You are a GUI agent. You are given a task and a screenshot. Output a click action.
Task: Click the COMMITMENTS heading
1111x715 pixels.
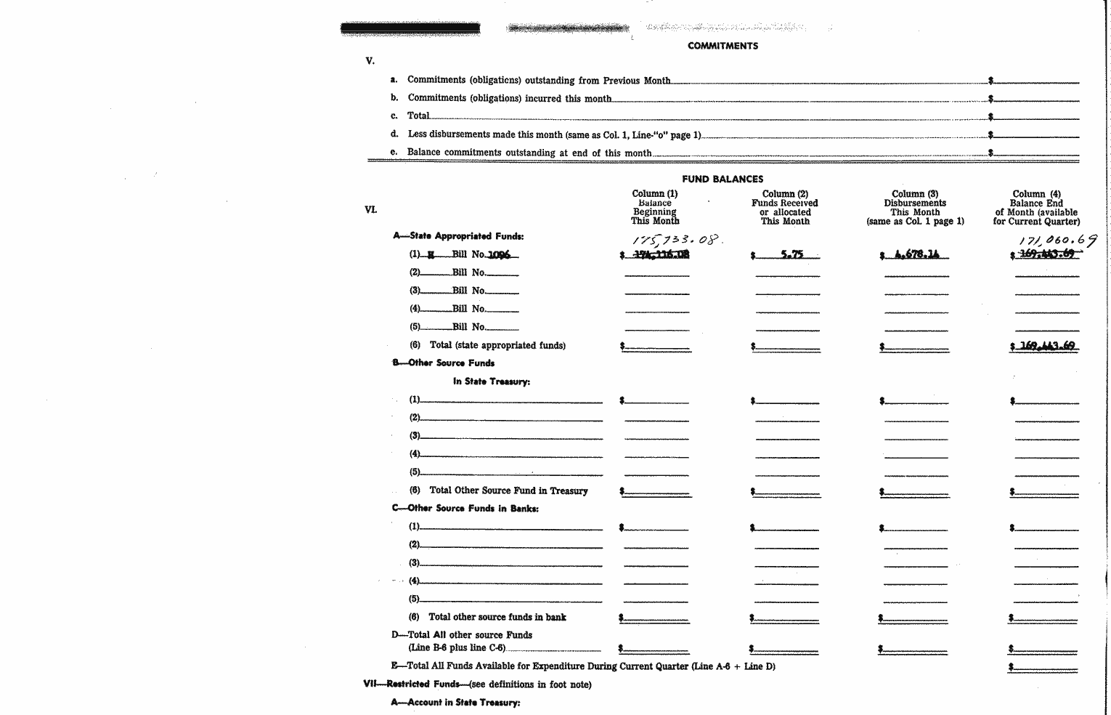click(x=723, y=46)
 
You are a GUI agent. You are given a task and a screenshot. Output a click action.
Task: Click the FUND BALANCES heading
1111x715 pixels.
click(x=723, y=179)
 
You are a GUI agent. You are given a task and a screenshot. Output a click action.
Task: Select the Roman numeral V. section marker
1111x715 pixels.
click(x=370, y=61)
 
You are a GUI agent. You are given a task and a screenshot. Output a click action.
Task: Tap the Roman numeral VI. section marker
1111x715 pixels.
click(x=370, y=209)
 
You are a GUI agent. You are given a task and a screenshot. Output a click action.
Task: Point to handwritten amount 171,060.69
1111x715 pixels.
click(x=1057, y=240)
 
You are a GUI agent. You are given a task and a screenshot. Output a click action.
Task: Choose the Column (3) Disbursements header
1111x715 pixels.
click(x=915, y=207)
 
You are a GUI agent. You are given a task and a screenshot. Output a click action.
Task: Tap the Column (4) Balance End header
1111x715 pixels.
click(x=1036, y=207)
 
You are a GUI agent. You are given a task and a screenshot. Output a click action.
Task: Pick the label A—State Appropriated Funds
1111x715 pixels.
click(x=458, y=236)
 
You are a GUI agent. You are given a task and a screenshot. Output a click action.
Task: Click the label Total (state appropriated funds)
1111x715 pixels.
click(x=497, y=346)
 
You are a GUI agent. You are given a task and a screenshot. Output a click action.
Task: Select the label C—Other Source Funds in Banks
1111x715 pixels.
click(x=465, y=509)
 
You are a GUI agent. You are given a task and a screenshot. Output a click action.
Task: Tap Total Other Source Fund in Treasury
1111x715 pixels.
click(x=508, y=491)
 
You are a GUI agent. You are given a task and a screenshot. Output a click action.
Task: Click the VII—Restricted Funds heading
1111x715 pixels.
click(x=477, y=684)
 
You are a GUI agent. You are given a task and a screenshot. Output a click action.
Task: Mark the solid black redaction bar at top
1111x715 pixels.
click(x=410, y=29)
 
